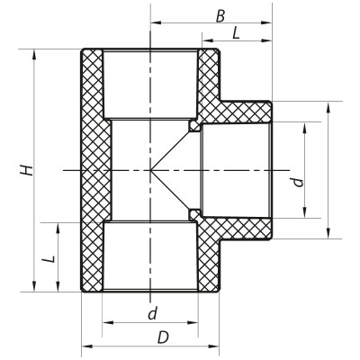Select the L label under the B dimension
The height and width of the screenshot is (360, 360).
236,32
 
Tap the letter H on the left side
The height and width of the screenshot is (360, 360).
28,169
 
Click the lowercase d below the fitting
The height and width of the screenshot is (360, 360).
151,312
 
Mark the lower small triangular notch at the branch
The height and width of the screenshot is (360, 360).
193,213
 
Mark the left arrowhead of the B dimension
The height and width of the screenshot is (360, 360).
154,21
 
